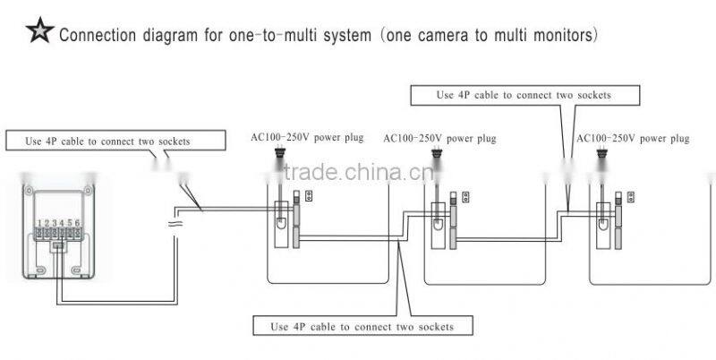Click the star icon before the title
click(x=39, y=34)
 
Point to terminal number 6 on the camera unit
click(x=79, y=221)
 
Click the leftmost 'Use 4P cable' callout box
click(x=107, y=141)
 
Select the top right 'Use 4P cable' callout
click(x=524, y=94)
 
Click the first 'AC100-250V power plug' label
click(x=307, y=139)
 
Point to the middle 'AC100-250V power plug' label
click(x=439, y=139)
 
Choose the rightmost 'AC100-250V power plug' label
click(x=633, y=139)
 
